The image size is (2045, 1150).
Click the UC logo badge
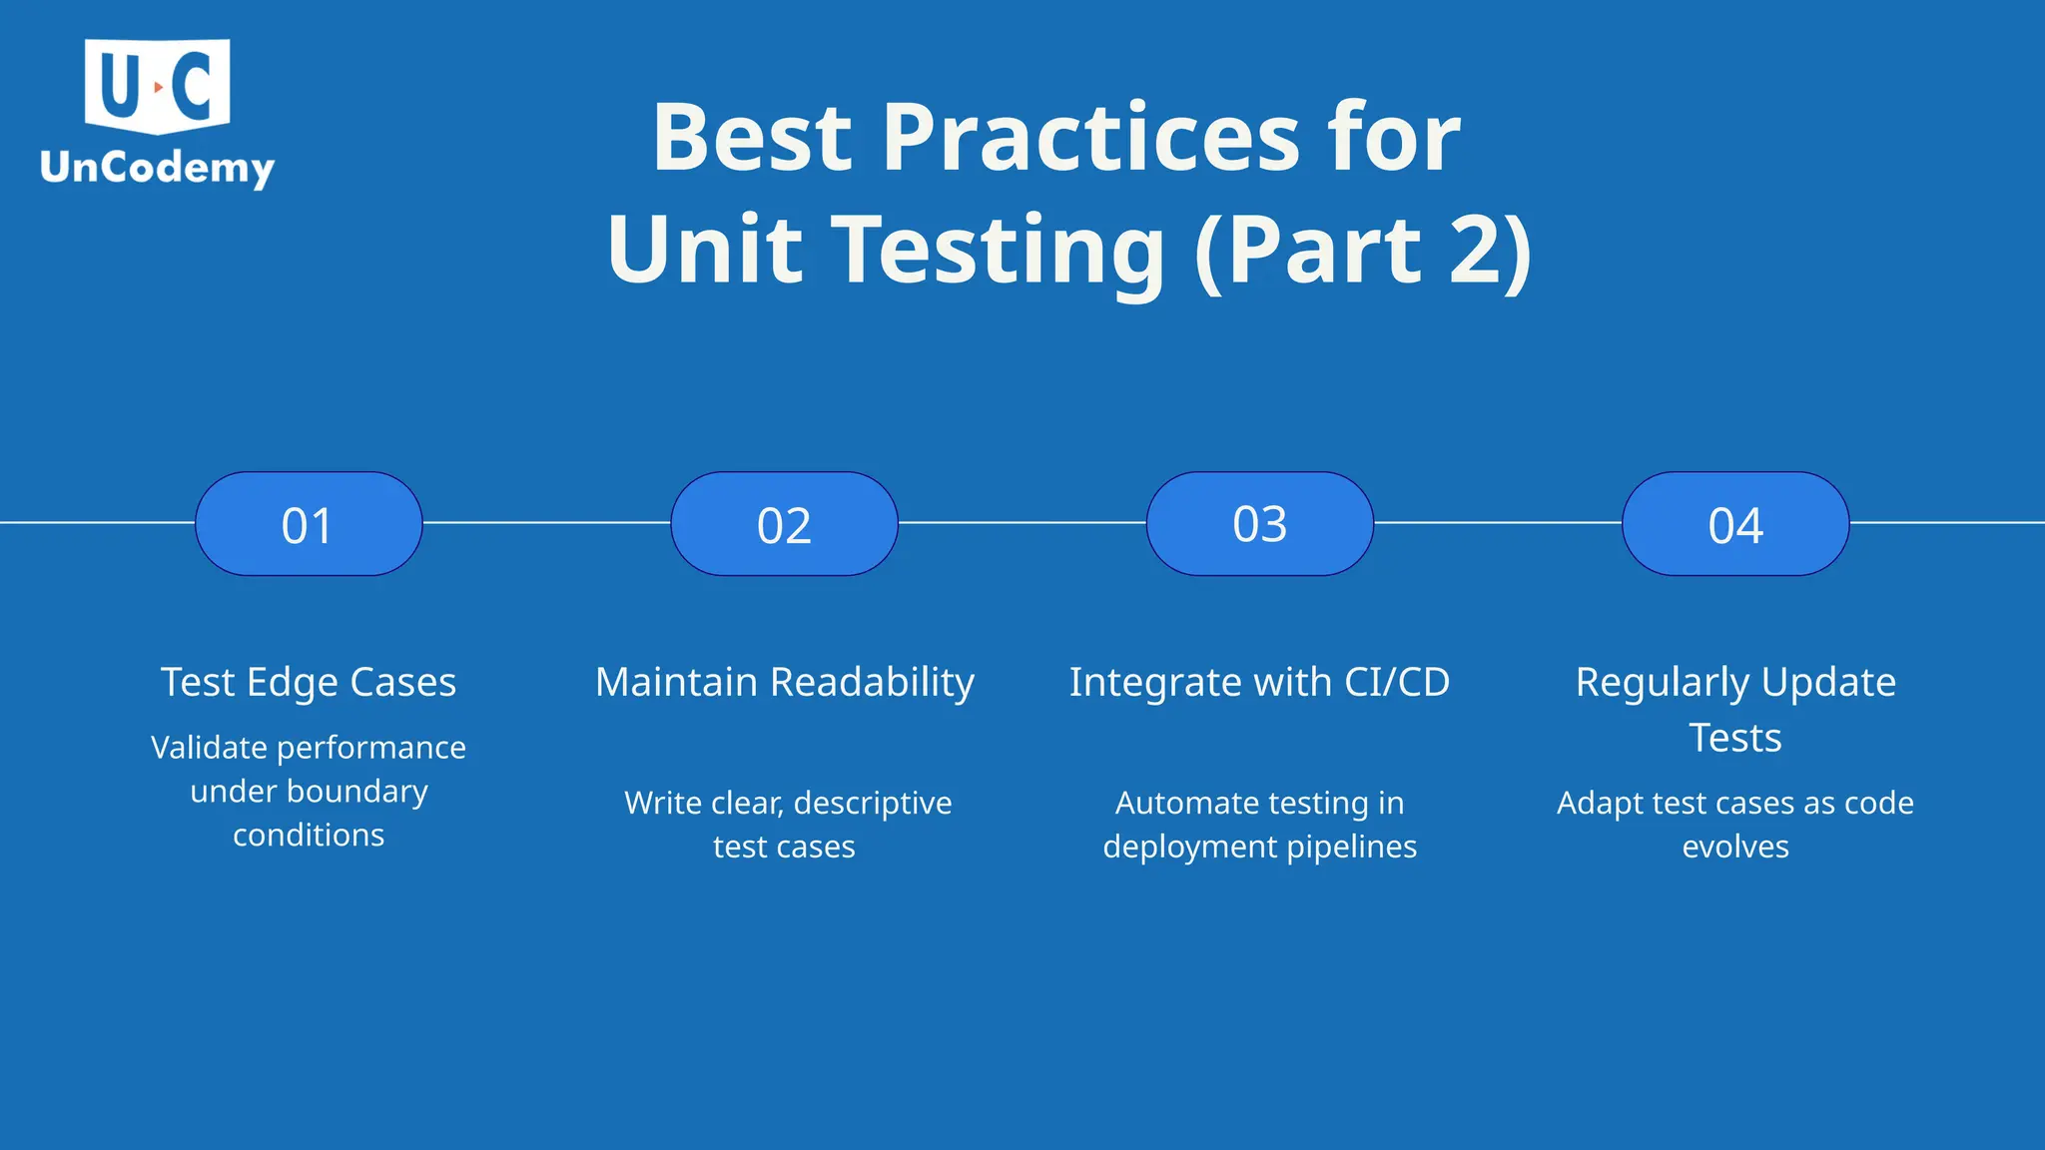[157, 86]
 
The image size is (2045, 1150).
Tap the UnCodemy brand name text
[157, 168]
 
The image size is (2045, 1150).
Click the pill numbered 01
[309, 524]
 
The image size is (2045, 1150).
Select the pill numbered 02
[784, 524]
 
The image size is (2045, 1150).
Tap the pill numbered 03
[1259, 524]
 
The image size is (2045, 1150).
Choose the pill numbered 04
[1735, 524]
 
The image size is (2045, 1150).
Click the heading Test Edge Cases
[309, 683]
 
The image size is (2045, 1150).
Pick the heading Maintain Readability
[784, 683]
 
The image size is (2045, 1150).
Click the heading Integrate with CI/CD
[1259, 683]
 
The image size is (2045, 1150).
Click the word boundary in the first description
[357, 792]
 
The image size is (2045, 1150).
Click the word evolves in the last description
[1735, 848]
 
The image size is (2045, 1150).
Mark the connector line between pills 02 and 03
[1022, 522]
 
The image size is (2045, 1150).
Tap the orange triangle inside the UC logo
[158, 88]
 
